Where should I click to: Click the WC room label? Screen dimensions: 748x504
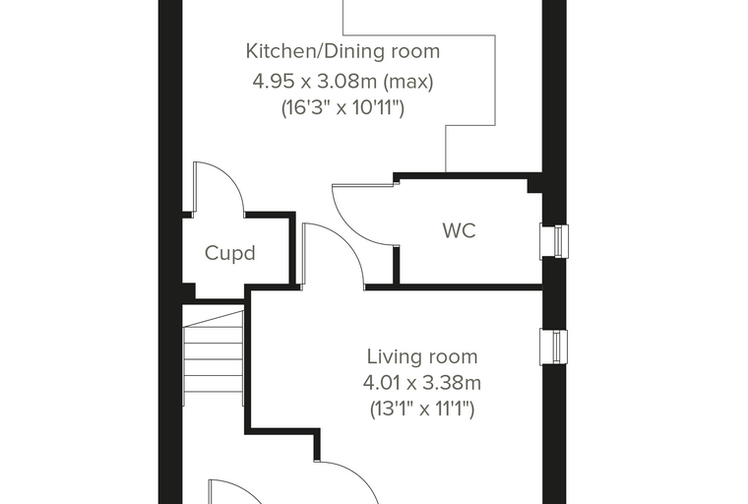point(459,230)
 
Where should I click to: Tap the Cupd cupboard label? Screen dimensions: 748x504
point(230,252)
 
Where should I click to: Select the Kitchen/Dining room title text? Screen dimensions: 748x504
point(343,51)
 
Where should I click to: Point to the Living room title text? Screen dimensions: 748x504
point(421,356)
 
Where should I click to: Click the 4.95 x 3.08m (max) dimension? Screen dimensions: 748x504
point(343,82)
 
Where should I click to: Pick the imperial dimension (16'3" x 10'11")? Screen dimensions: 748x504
point(343,108)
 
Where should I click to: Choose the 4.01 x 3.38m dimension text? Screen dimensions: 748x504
point(421,382)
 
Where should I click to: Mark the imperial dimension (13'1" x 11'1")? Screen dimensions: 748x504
point(421,409)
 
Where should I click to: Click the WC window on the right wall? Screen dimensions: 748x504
point(554,241)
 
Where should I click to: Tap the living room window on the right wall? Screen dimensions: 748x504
point(554,346)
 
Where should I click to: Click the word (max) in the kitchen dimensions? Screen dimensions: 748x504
point(408,82)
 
